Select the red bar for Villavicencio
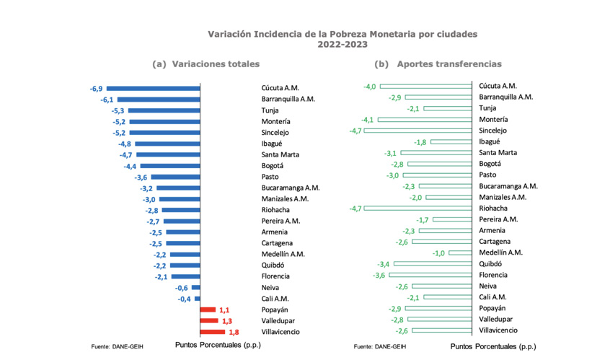(x=213, y=332)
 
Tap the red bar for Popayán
(x=208, y=309)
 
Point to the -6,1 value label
(x=107, y=100)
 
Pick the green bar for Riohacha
(x=420, y=208)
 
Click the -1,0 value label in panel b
(x=438, y=253)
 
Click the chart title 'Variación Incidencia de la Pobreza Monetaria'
(x=342, y=34)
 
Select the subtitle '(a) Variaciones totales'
(x=206, y=64)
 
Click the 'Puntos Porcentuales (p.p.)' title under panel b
(x=493, y=346)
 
